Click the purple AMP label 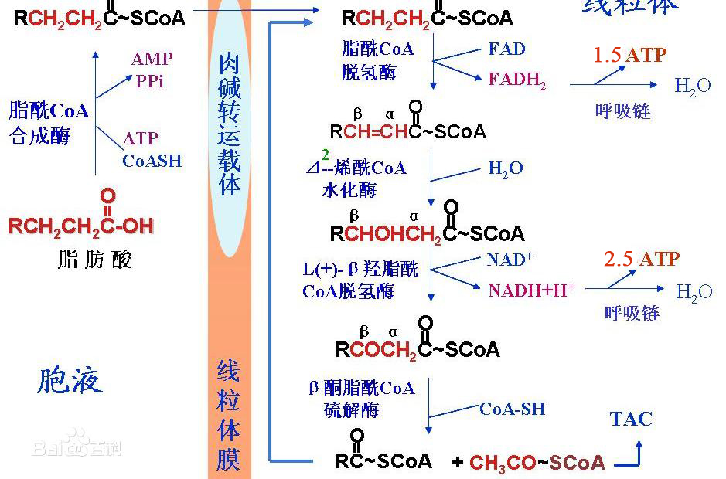pos(152,59)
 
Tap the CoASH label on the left pos(152,161)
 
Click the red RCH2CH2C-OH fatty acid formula pos(81,226)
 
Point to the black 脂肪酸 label pos(94,259)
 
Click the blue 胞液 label pos(70,381)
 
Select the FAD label pos(506,49)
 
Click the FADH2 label pos(516,80)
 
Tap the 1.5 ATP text pos(629,55)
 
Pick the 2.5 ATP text pos(641,259)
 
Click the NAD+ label pos(510,260)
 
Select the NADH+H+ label pos(531,290)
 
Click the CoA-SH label pos(512,409)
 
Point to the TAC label pos(631,419)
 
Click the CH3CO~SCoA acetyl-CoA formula pos(537,462)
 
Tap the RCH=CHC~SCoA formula pos(408,131)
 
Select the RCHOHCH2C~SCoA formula pos(427,233)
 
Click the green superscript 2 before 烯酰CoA pos(326,155)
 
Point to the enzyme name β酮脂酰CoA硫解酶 pos(362,398)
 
